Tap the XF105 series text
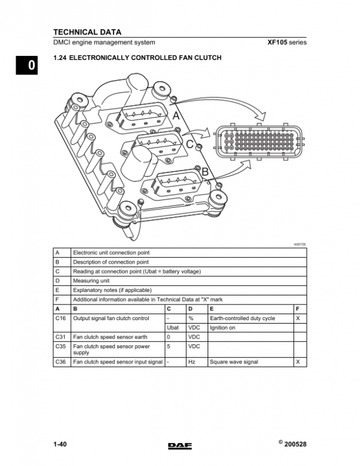click(286, 43)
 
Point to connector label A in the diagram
click(176, 115)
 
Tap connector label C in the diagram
click(190, 144)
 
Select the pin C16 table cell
click(61, 318)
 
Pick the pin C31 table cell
click(61, 337)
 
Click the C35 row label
click(61, 346)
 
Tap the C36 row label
click(61, 362)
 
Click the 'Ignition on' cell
click(223, 328)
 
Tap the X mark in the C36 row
click(298, 362)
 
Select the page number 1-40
click(59, 444)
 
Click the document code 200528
click(297, 444)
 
